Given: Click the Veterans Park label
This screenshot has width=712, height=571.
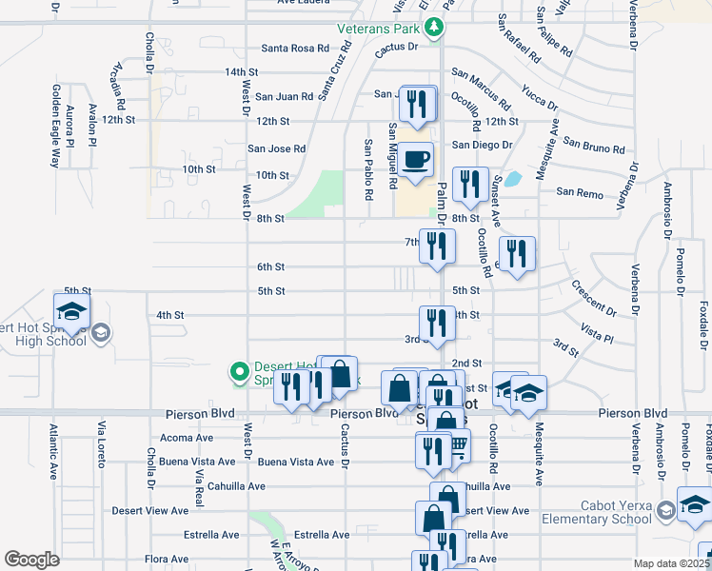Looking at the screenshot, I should click(378, 28).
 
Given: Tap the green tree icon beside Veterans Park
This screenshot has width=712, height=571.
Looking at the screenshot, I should click(434, 27).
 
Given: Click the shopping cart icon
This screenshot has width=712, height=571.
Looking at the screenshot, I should click(457, 443).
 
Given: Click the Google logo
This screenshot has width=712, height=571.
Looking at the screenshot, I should click(31, 559).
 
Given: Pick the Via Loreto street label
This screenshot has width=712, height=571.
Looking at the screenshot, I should click(99, 447).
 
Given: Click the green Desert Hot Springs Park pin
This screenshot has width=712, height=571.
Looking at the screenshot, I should click(241, 370).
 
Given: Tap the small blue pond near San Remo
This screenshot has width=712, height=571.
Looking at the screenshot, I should click(512, 178).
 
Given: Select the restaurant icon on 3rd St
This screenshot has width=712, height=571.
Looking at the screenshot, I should click(437, 322).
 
